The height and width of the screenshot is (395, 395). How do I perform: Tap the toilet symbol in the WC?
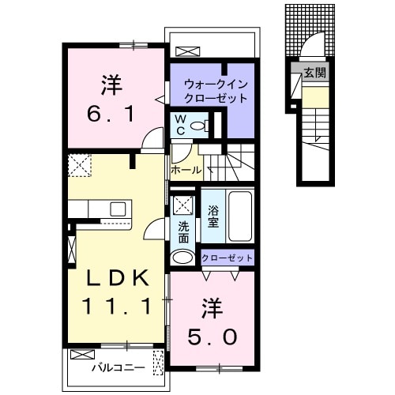pyautogui.click(x=197, y=126)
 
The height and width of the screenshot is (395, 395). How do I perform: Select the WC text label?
pyautogui.click(x=180, y=125)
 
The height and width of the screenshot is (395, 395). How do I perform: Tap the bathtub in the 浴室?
pyautogui.click(x=240, y=217)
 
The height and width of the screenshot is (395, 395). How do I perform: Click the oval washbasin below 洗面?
pyautogui.click(x=183, y=258)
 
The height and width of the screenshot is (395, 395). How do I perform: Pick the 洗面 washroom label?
pyautogui.click(x=182, y=231)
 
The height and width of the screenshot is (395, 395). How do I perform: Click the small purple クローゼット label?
pyautogui.click(x=227, y=258)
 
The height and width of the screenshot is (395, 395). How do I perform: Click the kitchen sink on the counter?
pyautogui.click(x=118, y=209)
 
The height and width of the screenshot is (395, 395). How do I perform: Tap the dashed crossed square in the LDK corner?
pyautogui.click(x=80, y=166)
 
